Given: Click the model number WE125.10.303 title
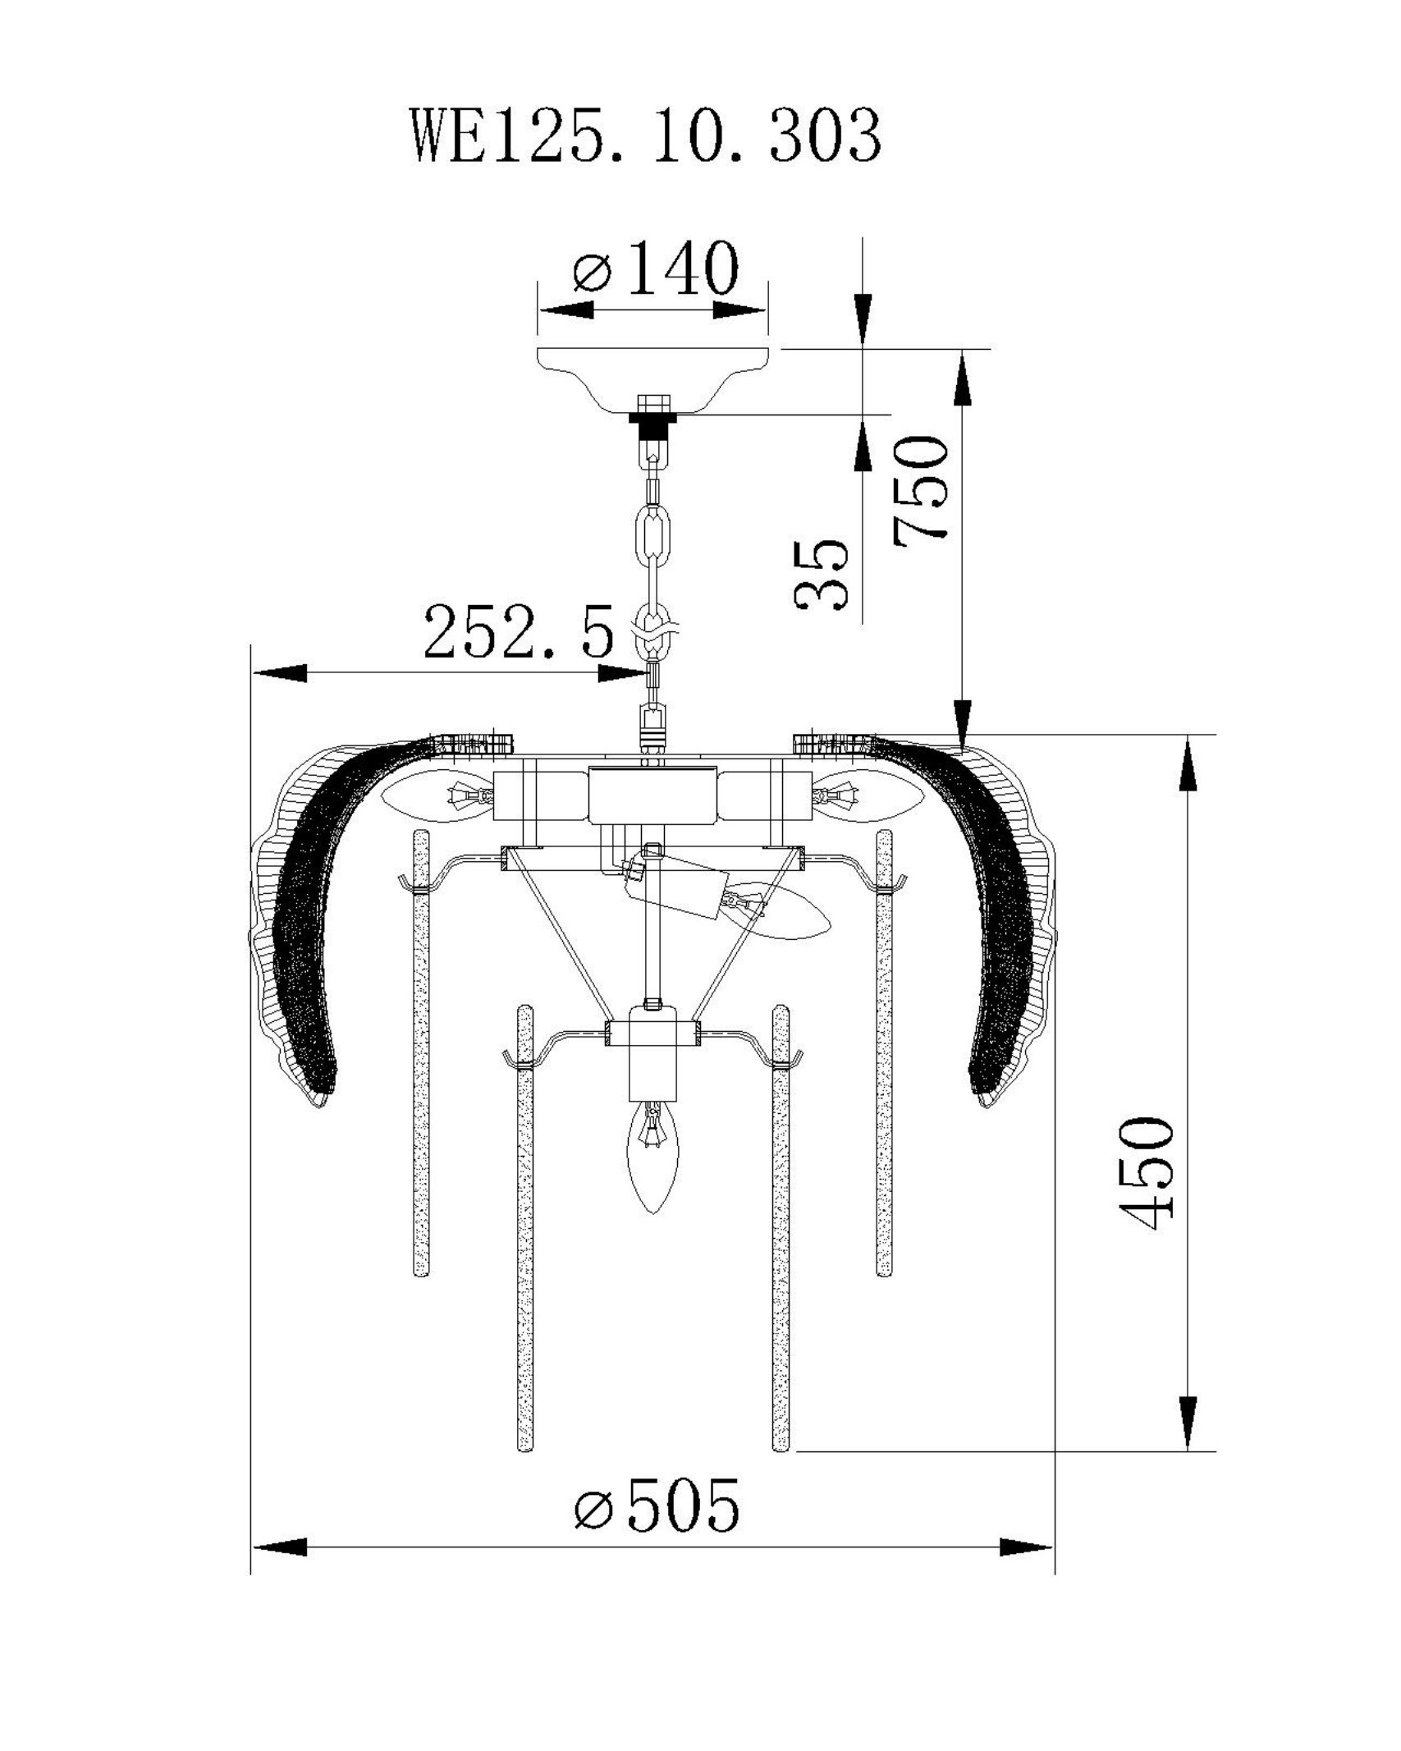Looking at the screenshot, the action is tap(647, 138).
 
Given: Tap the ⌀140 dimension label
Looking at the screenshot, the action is tap(656, 268).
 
